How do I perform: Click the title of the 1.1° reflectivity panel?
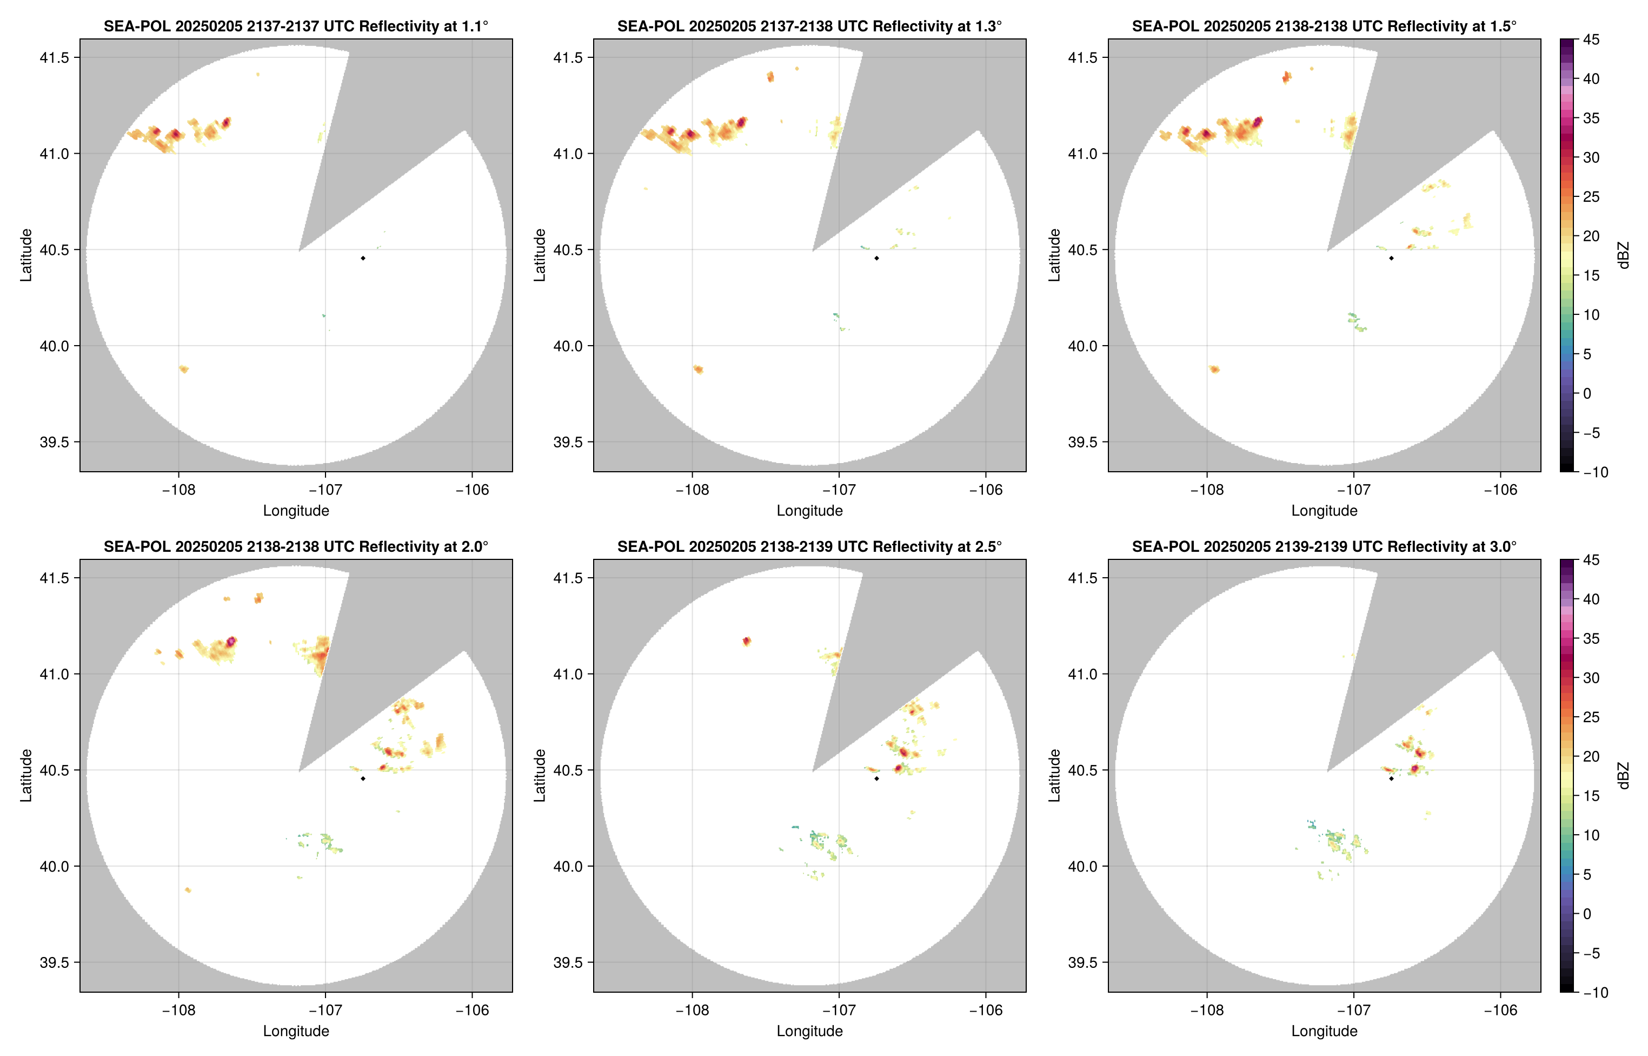(x=295, y=26)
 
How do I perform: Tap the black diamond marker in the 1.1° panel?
(x=362, y=258)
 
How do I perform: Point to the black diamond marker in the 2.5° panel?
(x=876, y=778)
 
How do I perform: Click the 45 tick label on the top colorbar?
(x=1591, y=40)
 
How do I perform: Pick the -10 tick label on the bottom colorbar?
(x=1594, y=992)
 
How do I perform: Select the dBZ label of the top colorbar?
(x=1623, y=255)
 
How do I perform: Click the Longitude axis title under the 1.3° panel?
(x=809, y=510)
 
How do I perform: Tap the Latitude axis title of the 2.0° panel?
(x=26, y=775)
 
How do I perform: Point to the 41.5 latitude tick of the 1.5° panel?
(x=1082, y=57)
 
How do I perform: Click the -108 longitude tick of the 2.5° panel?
(x=692, y=1010)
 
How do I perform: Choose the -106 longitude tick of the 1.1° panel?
(x=472, y=490)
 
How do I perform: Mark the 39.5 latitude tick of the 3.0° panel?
(x=1082, y=962)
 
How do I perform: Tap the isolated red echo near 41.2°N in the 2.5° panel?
(x=747, y=641)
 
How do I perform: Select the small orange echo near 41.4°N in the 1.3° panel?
(x=770, y=76)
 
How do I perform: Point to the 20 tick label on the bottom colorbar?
(x=1591, y=756)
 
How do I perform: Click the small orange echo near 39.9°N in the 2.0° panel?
(x=188, y=890)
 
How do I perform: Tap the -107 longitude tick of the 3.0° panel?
(x=1353, y=1010)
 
